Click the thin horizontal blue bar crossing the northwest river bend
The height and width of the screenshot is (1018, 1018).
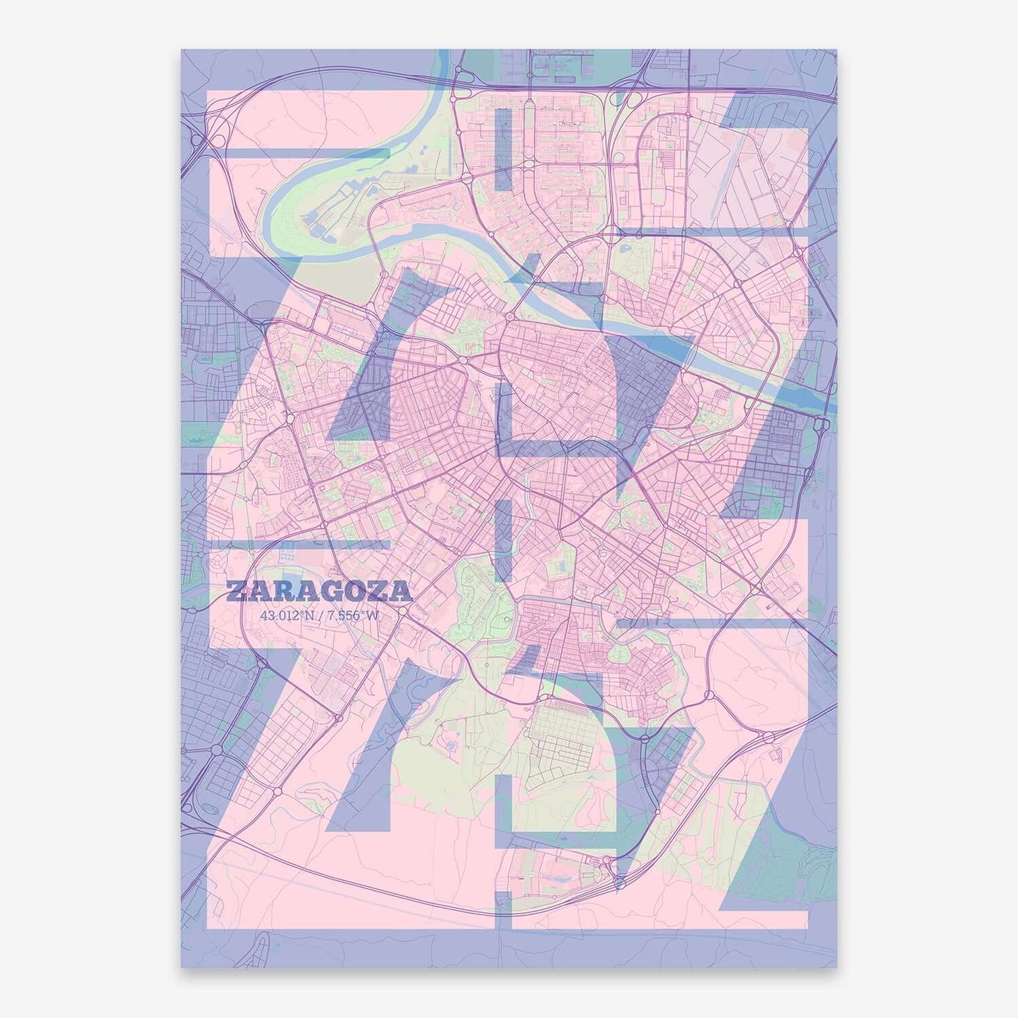point(310,153)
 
